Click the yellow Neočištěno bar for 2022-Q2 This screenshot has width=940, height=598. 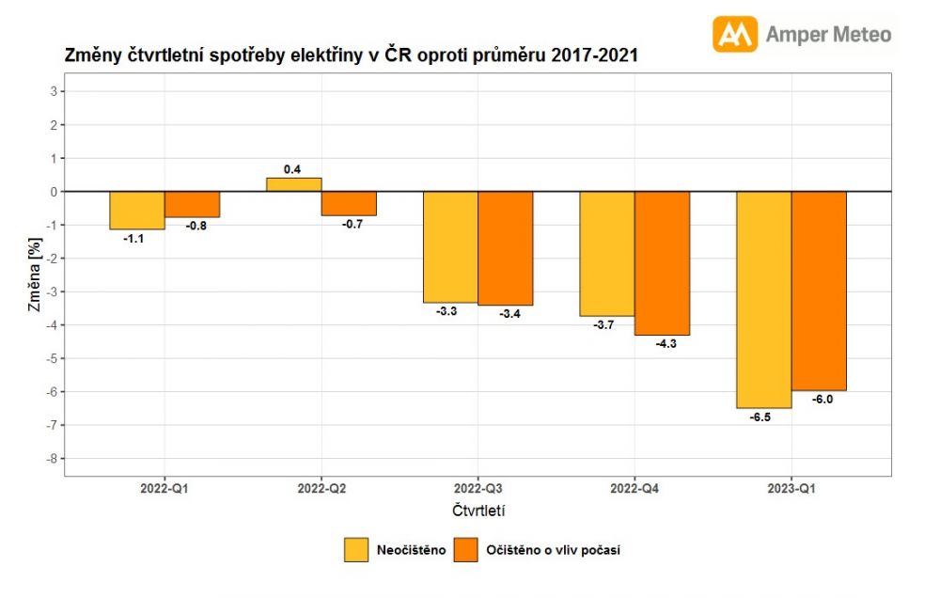coord(294,184)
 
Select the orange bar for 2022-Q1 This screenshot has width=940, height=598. coord(192,204)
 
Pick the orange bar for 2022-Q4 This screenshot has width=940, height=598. coord(662,263)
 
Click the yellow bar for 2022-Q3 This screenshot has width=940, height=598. coord(450,246)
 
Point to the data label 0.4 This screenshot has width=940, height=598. coord(292,169)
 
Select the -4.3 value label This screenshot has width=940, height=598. coord(664,344)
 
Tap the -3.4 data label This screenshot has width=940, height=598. coord(508,314)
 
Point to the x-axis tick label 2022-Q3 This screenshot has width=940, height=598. coord(478,489)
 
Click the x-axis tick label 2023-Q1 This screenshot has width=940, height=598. coord(791,489)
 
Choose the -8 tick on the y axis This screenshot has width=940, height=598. coord(53,459)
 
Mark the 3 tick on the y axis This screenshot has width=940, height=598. coord(55,91)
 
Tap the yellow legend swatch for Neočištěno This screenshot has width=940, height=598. coord(356,550)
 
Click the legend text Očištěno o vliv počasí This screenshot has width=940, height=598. coord(553,550)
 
